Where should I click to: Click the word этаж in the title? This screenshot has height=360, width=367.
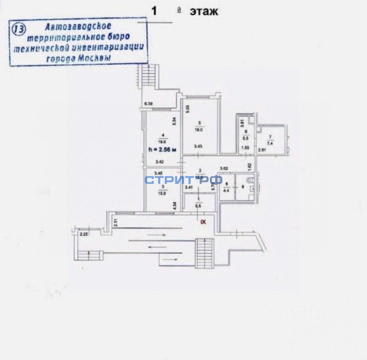(x=204, y=11)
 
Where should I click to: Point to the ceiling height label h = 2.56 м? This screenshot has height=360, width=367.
(x=163, y=150)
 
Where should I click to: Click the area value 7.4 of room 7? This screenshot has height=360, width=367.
(x=270, y=142)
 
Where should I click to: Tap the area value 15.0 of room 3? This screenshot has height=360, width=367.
(x=163, y=192)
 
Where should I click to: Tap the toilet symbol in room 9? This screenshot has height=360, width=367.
(x=252, y=181)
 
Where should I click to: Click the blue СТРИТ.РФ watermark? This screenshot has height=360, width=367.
(x=183, y=180)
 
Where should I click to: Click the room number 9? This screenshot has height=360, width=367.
(x=242, y=187)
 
